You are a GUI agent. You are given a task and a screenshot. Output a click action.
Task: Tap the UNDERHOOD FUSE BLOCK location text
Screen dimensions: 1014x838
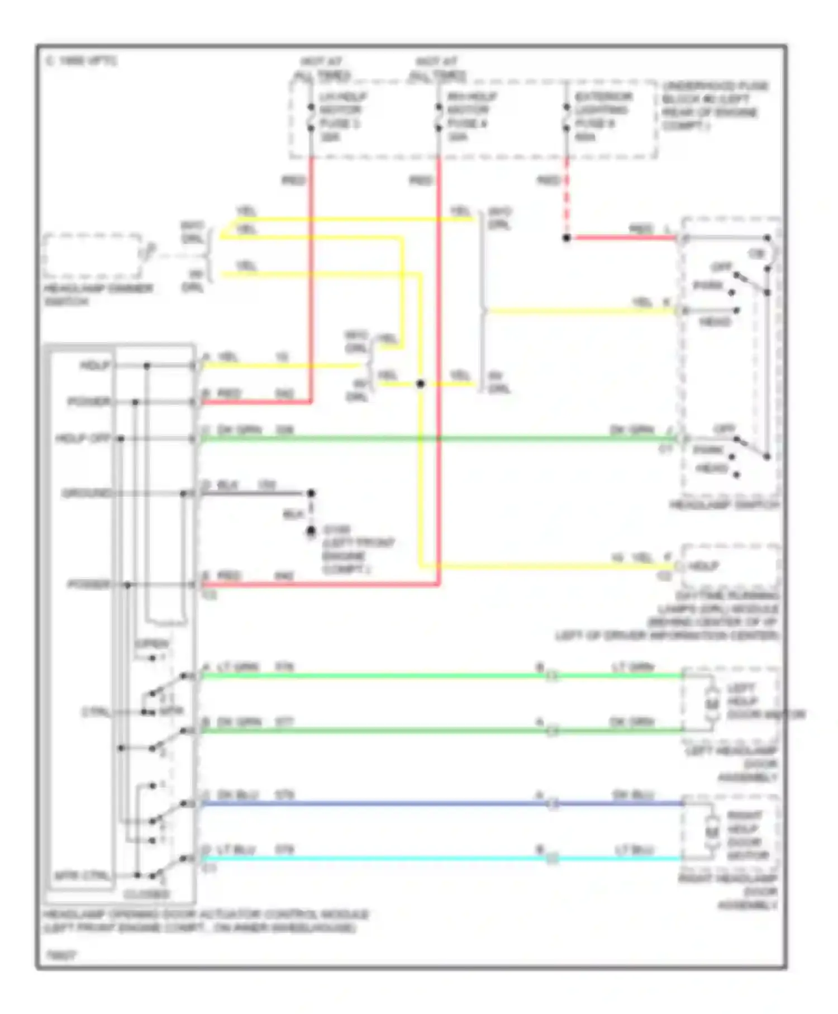[x=715, y=106]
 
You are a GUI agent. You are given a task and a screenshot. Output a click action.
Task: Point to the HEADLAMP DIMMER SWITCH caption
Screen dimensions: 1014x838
[x=98, y=295]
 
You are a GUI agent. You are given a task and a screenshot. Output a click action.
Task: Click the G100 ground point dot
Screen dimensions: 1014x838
[x=311, y=530]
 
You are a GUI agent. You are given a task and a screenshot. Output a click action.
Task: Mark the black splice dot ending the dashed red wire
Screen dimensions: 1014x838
[x=566, y=238]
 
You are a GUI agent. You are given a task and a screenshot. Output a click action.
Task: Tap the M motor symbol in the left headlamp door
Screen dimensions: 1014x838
[x=712, y=703]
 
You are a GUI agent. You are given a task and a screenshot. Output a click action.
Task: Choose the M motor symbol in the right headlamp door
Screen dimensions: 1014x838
[x=712, y=832]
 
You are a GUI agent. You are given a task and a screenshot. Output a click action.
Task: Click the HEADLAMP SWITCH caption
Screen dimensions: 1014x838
[x=724, y=505]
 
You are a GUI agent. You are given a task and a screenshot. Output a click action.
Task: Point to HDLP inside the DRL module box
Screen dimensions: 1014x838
[x=703, y=566]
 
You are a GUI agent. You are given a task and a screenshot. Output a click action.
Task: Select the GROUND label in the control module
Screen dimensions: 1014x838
[x=87, y=493]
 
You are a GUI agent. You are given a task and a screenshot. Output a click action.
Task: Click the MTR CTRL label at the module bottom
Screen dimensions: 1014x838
[x=82, y=875]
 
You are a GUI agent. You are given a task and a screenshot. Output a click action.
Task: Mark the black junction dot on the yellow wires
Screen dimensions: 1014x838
[x=421, y=383]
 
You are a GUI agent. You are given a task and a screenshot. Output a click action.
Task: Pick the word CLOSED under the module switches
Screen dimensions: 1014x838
[x=146, y=894]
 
